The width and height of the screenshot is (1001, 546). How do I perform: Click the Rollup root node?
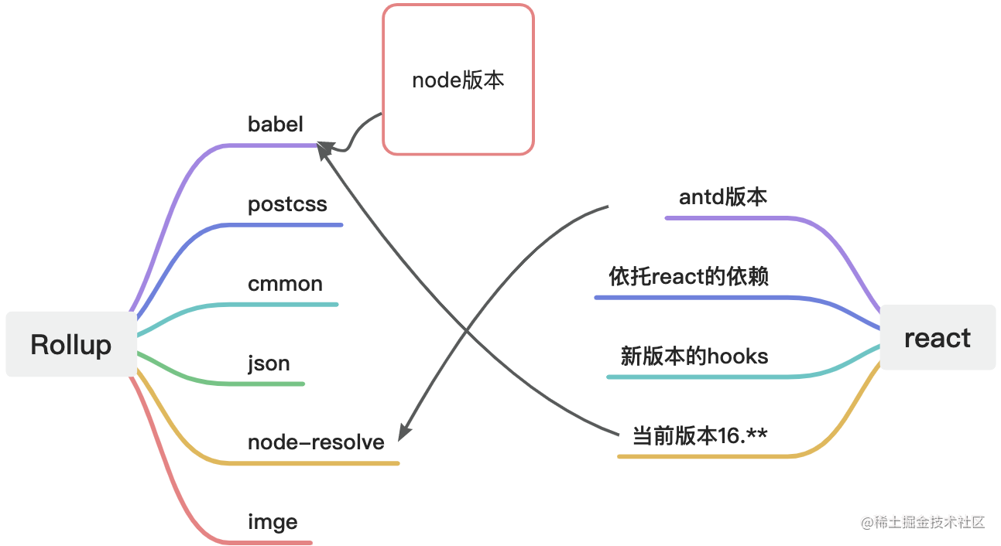[x=71, y=344]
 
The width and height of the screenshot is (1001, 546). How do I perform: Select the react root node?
[x=938, y=337]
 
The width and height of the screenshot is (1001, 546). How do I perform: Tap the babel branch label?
[x=276, y=124]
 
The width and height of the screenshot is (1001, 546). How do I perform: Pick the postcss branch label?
[x=287, y=204]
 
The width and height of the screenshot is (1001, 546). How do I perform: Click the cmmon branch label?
[x=285, y=284]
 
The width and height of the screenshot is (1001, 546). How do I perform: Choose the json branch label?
[x=269, y=363]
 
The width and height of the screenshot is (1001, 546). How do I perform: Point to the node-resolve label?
[x=316, y=442]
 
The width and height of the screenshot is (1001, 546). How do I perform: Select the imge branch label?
[x=273, y=522]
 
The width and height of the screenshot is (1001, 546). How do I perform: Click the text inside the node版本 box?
[x=458, y=80]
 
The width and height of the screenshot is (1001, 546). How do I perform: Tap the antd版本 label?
[x=723, y=197]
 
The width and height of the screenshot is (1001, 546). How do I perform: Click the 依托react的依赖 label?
[x=689, y=276]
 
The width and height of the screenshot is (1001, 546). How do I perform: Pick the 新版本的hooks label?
[x=694, y=356]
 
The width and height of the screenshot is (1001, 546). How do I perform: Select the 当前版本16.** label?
[x=700, y=435]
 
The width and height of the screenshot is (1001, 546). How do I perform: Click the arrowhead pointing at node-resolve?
[x=404, y=432]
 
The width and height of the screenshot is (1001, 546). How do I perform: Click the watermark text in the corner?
[x=923, y=522]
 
